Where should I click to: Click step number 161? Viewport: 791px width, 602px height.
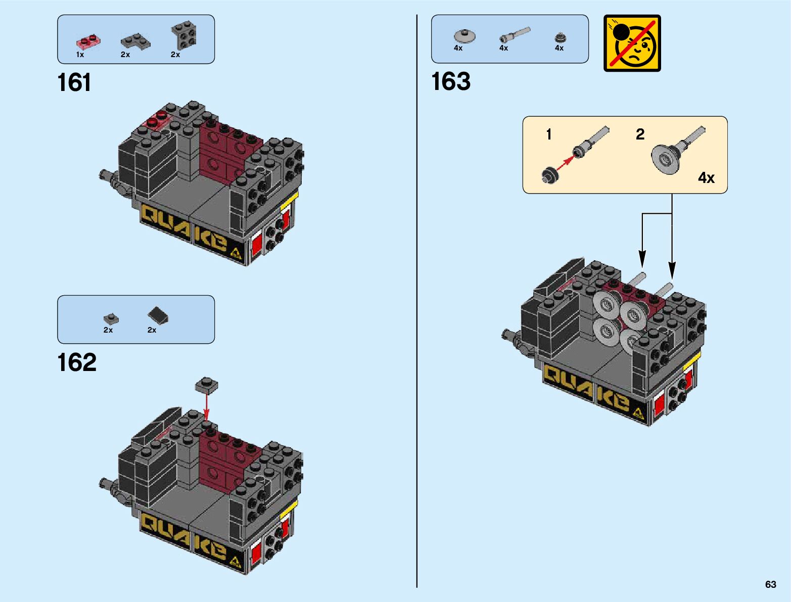coord(74,83)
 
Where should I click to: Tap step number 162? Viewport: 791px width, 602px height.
coord(76,362)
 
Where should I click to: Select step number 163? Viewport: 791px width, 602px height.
coord(450,82)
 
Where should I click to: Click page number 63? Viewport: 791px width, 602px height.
coord(770,584)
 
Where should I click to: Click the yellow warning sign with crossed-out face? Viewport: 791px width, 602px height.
coord(632,43)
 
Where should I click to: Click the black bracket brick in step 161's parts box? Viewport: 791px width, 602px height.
coord(183,36)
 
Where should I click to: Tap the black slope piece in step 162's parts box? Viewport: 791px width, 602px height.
coord(158,316)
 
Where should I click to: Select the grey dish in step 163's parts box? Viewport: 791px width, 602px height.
coord(464,36)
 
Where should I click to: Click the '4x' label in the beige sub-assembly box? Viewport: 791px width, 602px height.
coord(706,178)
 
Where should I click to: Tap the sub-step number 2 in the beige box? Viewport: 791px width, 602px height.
coord(640,134)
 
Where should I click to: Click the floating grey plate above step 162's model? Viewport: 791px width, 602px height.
coord(206,385)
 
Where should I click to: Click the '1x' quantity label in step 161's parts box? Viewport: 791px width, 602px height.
coord(80,55)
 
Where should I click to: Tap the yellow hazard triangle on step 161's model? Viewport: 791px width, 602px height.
coord(236,253)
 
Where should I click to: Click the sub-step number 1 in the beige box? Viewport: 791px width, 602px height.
coord(549,134)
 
